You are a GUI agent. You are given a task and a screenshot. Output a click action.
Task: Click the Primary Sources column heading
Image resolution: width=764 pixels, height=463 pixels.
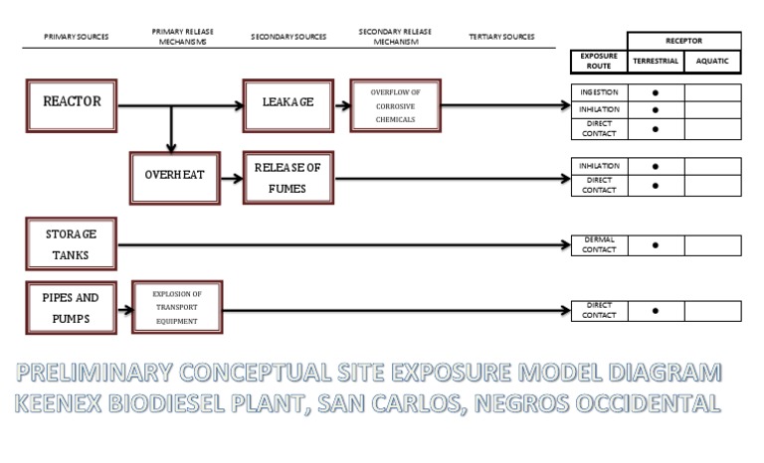[x=77, y=37]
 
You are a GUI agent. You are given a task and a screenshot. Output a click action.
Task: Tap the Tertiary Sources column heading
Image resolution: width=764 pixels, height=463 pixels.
[x=501, y=37]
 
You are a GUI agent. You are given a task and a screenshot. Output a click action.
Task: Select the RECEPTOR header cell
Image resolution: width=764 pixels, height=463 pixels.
[x=684, y=41]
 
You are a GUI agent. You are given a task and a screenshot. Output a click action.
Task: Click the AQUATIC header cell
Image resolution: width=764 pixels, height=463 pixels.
[x=713, y=62]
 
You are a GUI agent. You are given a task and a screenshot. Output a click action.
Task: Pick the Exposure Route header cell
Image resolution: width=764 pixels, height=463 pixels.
[x=599, y=62]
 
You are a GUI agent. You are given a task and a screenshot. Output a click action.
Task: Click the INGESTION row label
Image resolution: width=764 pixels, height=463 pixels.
[x=599, y=92]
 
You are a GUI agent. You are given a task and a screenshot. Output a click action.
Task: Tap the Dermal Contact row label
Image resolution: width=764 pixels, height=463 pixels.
[x=599, y=244]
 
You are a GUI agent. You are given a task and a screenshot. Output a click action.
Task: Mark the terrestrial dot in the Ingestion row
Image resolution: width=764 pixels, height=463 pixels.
[x=656, y=93]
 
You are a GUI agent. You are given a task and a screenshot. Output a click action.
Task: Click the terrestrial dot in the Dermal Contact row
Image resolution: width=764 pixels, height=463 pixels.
[x=656, y=245]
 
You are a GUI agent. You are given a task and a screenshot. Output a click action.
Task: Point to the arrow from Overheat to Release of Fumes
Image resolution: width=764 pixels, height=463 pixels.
[x=232, y=179]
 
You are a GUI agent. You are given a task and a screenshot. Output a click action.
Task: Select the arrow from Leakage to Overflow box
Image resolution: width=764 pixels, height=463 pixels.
[x=342, y=105]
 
